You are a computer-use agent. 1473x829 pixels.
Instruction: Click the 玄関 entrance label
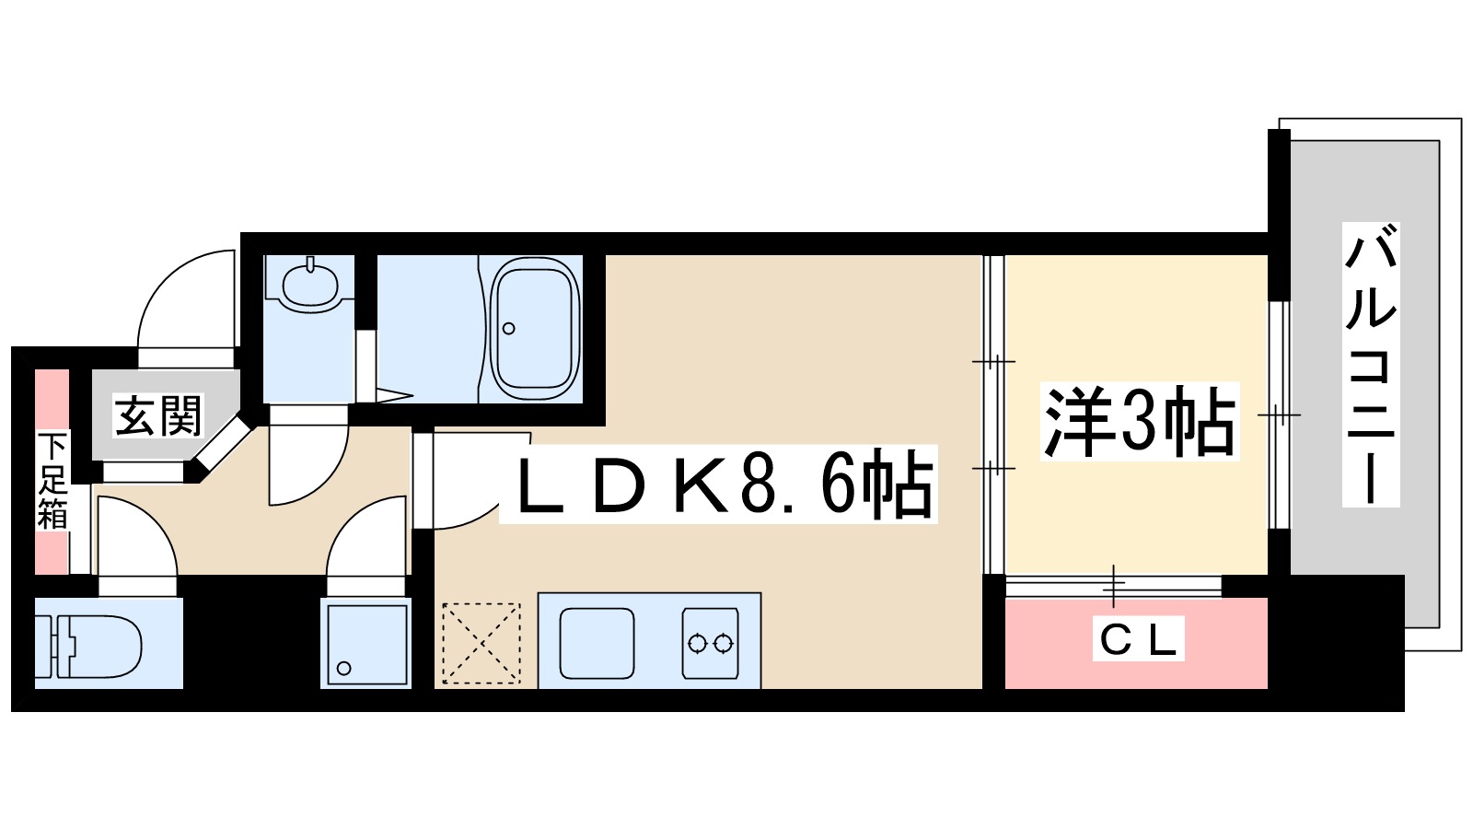(x=158, y=415)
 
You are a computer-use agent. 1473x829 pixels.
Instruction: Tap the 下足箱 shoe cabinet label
(x=52, y=480)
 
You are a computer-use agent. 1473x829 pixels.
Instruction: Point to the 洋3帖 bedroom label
(x=1139, y=423)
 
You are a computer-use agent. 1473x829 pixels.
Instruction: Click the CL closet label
(x=1139, y=638)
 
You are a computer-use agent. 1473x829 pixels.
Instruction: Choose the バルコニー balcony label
(x=1370, y=364)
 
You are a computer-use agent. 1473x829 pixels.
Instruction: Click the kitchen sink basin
(x=597, y=643)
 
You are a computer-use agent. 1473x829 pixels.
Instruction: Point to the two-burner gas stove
(x=710, y=643)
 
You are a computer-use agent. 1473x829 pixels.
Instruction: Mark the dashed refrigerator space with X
(x=481, y=643)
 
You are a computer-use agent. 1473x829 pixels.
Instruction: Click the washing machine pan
(x=365, y=644)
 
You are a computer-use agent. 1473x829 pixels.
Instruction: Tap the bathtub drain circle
(x=508, y=329)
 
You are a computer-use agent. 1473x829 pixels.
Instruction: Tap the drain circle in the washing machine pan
(x=344, y=668)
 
